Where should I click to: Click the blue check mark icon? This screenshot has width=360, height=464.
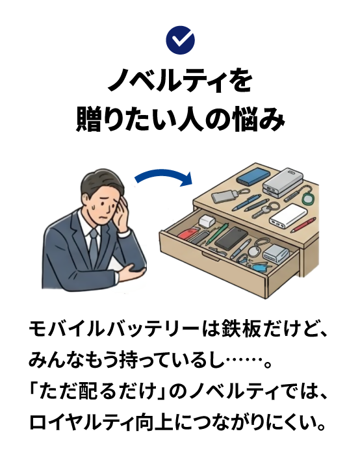click(180, 40)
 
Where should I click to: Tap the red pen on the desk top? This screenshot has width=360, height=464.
click(303, 224)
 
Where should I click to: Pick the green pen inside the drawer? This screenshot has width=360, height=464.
click(217, 233)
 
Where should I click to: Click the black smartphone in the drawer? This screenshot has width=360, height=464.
click(231, 238)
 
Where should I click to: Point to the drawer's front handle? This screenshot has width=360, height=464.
click(211, 257)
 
